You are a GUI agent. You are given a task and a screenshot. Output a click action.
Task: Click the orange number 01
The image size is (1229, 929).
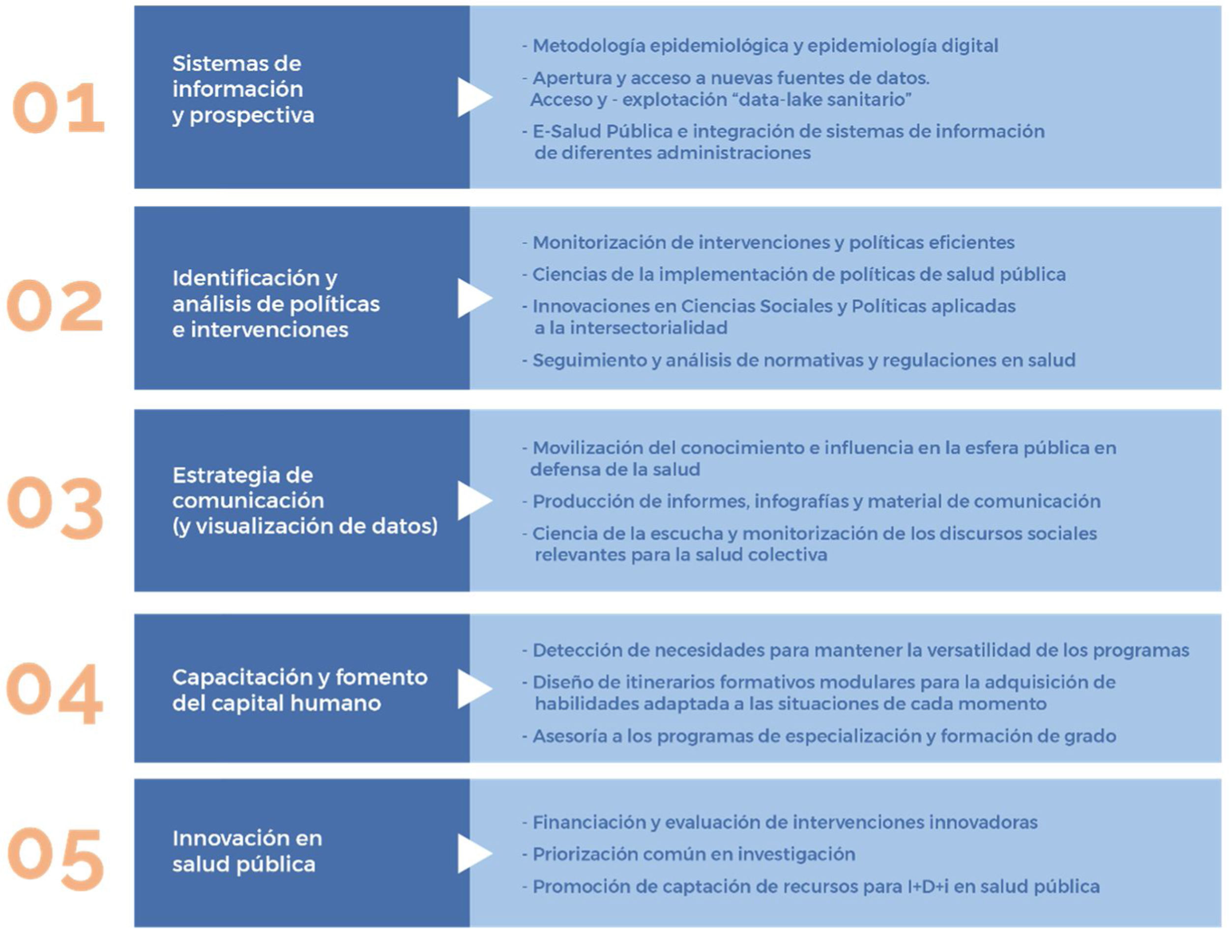click(59, 108)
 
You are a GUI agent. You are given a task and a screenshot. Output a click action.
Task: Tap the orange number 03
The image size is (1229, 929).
click(56, 507)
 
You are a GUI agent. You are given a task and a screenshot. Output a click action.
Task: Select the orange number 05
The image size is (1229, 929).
click(56, 858)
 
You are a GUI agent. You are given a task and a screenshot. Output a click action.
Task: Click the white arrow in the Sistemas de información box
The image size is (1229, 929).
click(473, 97)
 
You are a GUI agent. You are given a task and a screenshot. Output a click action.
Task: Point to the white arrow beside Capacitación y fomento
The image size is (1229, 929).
click(473, 689)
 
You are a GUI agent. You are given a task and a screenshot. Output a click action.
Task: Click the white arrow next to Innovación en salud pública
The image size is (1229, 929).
click(473, 853)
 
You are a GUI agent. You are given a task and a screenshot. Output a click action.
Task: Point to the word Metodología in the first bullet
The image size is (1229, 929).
click(588, 46)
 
